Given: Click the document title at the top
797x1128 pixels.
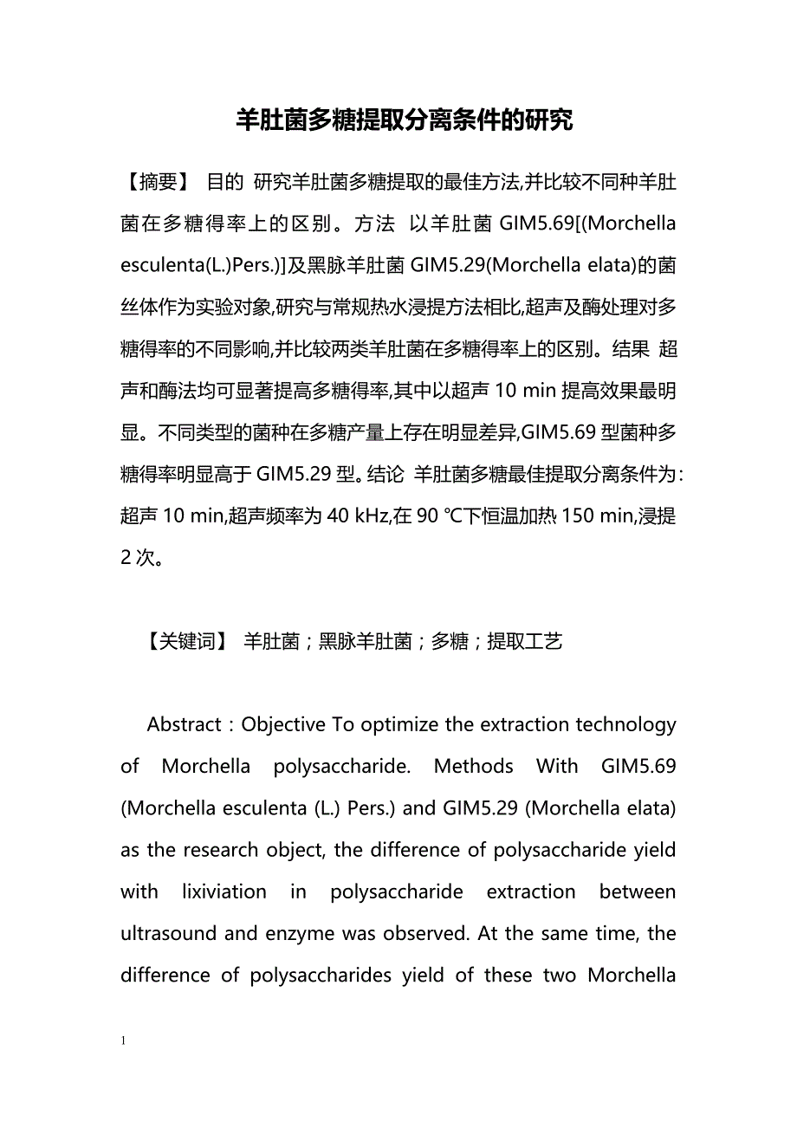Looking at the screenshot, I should point(404,120).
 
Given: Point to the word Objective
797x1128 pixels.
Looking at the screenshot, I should point(283,724).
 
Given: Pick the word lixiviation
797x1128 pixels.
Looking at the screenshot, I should point(233,891).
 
